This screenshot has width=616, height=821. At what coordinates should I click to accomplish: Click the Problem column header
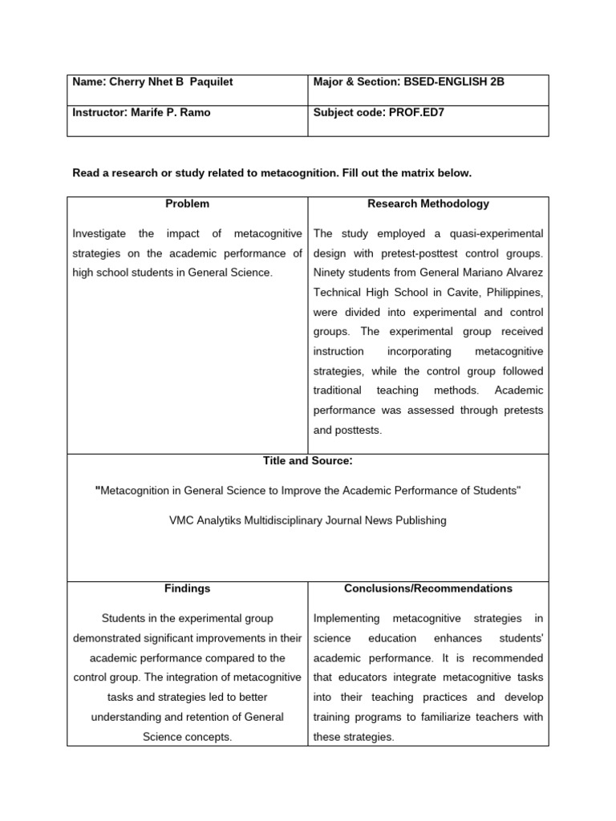click(x=187, y=204)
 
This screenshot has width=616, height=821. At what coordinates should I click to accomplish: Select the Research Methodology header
click(x=428, y=204)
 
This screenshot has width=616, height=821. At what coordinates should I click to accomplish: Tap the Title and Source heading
click(x=308, y=461)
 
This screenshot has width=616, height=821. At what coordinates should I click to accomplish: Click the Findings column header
click(x=187, y=588)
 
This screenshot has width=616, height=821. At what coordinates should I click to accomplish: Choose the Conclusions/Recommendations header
click(x=428, y=588)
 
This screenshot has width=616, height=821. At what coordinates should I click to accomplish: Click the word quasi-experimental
click(x=495, y=233)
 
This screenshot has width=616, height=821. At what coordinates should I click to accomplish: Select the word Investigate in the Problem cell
click(x=99, y=233)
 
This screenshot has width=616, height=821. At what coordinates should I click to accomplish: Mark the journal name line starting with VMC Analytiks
click(x=308, y=520)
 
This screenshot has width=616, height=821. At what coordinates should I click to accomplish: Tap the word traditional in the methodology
click(x=337, y=390)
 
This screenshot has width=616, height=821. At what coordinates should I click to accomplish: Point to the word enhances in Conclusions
click(x=458, y=638)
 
